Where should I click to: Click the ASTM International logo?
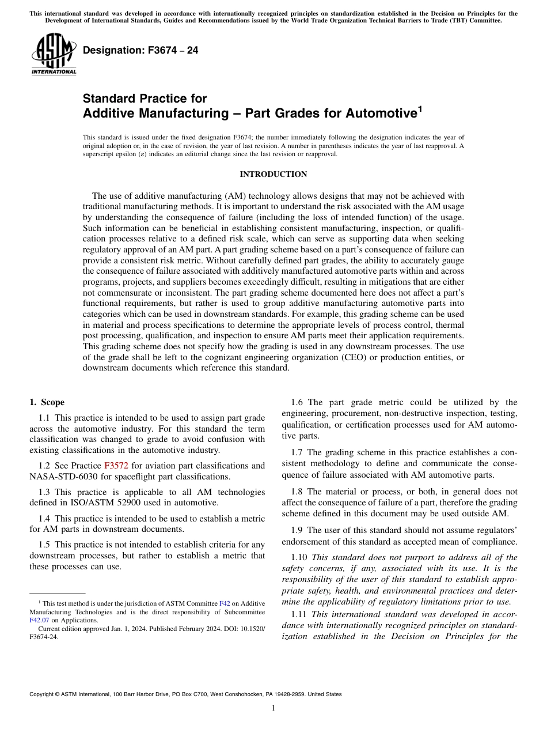pyautogui.click(x=53, y=54)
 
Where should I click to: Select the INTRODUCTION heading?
pyautogui.click(x=273, y=175)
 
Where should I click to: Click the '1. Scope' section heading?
pyautogui.click(x=47, y=402)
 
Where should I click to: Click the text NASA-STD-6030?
pyautogui.click(x=58, y=477)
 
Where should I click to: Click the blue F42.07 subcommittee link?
pyautogui.click(x=40, y=621)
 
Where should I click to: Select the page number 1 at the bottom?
pyautogui.click(x=273, y=708)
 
